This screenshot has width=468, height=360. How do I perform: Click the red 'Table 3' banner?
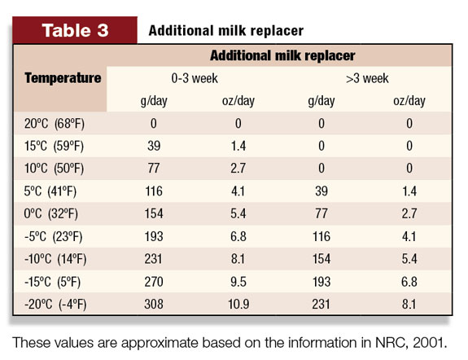(75, 30)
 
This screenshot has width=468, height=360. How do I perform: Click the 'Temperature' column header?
(63, 78)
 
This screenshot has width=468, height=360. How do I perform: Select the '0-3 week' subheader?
(195, 78)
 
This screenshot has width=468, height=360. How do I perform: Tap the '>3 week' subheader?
(367, 78)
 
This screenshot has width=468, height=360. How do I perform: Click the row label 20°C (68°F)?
(55, 123)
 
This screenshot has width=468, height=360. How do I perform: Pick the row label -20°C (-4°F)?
(55, 304)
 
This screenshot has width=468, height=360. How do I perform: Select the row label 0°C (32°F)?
(50, 213)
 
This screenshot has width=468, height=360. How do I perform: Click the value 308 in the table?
(154, 304)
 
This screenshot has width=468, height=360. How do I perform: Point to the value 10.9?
(238, 304)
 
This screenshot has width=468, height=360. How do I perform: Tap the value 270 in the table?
(154, 282)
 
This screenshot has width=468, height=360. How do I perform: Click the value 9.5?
(238, 282)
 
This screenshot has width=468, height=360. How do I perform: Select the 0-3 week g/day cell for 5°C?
(154, 191)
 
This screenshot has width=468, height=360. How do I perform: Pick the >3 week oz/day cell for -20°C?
(409, 304)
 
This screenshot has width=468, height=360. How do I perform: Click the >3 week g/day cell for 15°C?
(321, 146)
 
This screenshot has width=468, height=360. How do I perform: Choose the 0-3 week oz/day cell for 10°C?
(238, 169)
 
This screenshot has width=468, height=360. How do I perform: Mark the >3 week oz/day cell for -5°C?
(409, 236)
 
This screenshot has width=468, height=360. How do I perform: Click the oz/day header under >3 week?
(409, 101)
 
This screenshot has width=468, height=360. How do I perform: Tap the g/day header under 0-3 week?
(154, 101)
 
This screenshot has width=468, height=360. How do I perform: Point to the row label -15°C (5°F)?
(53, 282)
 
